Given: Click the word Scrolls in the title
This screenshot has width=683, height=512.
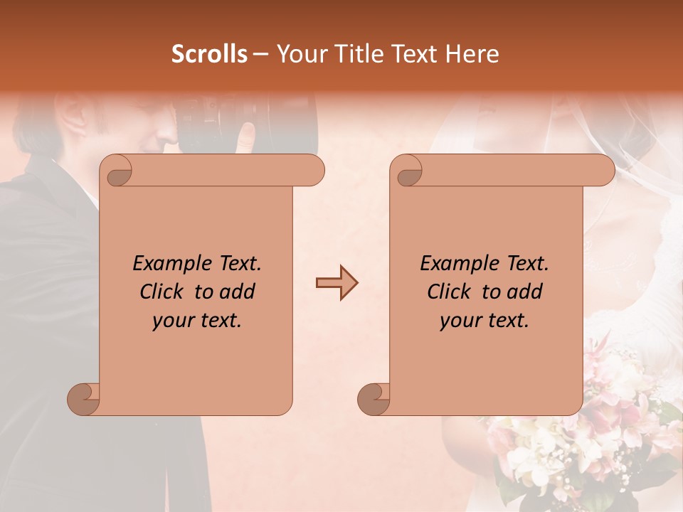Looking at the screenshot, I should pos(209,54).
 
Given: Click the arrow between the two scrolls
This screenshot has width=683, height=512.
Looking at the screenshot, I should pos(337,283).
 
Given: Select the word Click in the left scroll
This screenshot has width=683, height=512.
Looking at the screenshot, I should pos(164,292).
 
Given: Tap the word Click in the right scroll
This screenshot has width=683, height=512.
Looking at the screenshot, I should pos(452,292).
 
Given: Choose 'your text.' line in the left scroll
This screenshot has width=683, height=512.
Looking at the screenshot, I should pos(197,321).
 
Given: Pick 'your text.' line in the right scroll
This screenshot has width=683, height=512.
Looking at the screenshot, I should pos(485,321).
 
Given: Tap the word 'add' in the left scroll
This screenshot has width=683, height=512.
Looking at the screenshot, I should pos(238,292).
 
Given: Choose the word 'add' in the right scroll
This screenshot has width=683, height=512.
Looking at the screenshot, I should pos(526,292).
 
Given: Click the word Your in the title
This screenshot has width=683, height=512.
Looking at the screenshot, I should pos(301,54).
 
